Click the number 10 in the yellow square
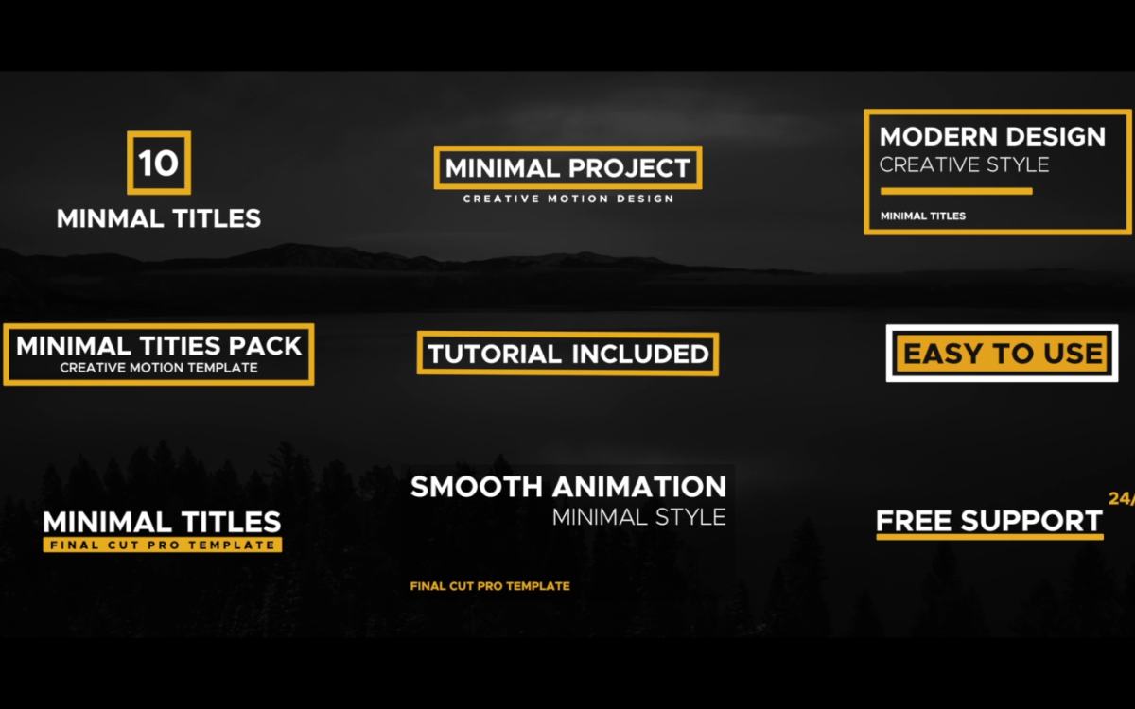pos(159,163)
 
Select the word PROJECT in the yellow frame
pos(628,168)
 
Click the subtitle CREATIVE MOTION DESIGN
pos(568,199)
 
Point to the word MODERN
pos(938,137)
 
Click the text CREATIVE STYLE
pos(964,165)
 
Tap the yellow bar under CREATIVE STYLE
pos(956,191)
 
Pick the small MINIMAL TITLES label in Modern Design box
pos(923,216)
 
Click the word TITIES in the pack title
pos(181,346)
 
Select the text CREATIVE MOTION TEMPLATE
pos(159,368)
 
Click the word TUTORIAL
pos(495,354)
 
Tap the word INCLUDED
pos(640,354)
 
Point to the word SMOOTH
pos(477,487)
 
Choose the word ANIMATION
pos(639,487)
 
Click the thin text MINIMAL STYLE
pos(639,517)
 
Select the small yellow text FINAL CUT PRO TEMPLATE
pos(490,586)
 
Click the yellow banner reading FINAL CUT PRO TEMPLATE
pos(162,545)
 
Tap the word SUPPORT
pos(1031,521)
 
